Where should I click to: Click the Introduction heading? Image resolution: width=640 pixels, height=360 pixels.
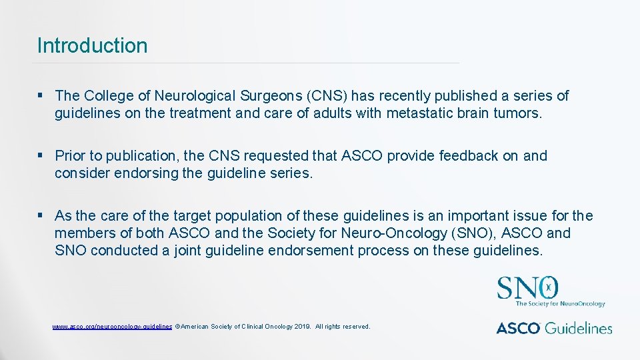pos(92,46)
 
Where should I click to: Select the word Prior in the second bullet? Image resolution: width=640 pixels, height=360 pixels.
pos(70,156)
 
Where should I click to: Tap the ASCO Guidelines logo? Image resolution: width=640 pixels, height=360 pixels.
pos(554,327)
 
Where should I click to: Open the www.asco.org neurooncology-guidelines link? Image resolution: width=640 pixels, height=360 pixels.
pos(112,327)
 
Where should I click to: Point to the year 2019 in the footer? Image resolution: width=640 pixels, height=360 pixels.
pos(302,327)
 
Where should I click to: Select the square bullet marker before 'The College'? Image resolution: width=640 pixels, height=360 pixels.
pos(41,96)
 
